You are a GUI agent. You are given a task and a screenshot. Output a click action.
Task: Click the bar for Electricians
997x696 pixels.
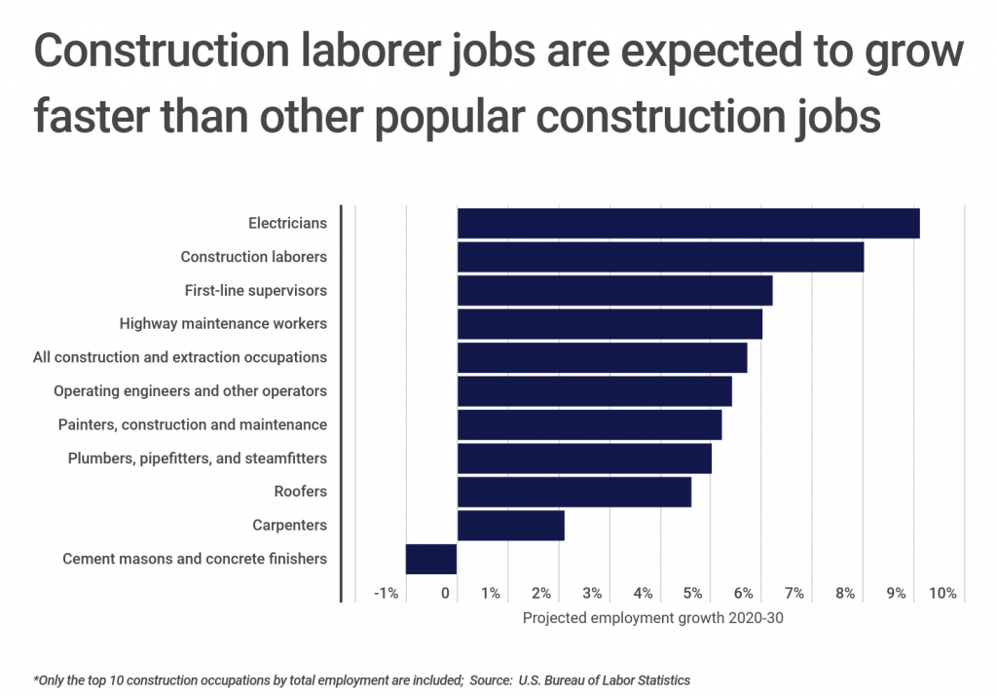[x=688, y=223]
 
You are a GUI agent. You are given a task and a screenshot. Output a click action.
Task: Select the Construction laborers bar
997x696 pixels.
[x=660, y=257]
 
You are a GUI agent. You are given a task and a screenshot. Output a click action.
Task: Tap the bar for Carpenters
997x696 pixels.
[x=510, y=526]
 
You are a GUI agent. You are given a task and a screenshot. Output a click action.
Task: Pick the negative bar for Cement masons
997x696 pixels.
[x=431, y=559]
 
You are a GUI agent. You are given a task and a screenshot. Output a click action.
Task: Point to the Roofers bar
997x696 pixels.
[x=573, y=492]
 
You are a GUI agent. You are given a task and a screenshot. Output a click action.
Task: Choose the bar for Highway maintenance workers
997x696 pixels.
[x=609, y=324]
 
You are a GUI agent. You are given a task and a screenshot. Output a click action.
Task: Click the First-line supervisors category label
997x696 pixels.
[x=256, y=290]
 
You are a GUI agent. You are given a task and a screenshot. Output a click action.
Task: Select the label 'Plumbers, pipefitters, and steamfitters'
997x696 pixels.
[x=198, y=458]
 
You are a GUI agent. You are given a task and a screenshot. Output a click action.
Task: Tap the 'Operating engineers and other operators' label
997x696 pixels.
[x=190, y=391]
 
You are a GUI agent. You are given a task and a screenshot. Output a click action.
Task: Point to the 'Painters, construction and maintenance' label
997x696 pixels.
[x=193, y=424]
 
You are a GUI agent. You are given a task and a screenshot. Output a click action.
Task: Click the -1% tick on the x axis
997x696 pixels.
[x=388, y=593]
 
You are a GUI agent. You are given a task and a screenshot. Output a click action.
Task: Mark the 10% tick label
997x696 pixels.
[x=942, y=593]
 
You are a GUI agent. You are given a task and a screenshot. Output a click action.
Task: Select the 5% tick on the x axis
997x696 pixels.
[x=693, y=593]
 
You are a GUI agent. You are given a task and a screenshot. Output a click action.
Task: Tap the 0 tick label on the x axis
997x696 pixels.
[x=445, y=593]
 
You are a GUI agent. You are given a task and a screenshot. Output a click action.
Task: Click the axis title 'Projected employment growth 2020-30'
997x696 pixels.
[x=652, y=617]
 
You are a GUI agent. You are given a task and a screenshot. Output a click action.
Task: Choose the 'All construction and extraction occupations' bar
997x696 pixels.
[x=602, y=357]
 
